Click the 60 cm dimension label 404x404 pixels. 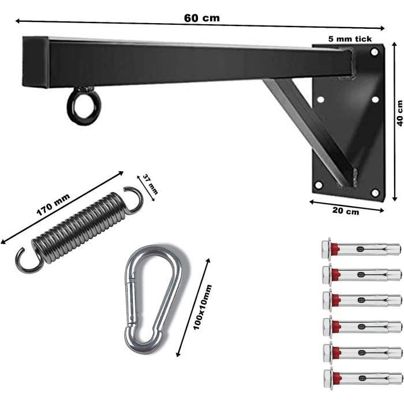click(202, 18)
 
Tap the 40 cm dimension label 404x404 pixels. click(399, 113)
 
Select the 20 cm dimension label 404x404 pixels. click(345, 211)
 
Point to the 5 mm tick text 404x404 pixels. click(350, 39)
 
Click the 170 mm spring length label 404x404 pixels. click(53, 205)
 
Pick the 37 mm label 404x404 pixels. click(150, 184)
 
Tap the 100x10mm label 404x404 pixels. click(203, 307)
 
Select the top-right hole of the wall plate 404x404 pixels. click(374, 52)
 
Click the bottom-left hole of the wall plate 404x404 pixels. click(319, 185)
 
